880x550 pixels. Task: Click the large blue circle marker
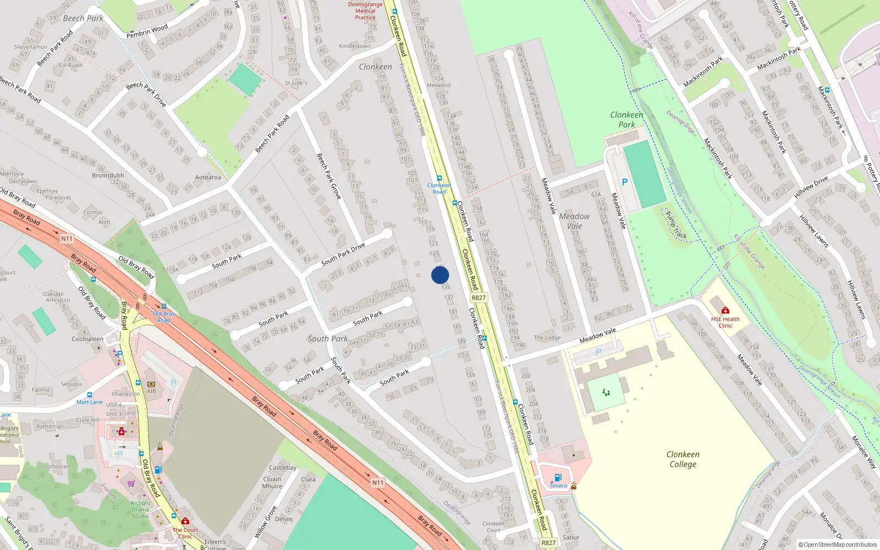click(440, 275)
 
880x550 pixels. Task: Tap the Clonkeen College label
click(683, 459)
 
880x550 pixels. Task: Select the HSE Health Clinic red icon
click(725, 311)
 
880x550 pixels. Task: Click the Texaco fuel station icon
click(558, 477)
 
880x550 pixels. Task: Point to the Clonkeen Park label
click(626, 119)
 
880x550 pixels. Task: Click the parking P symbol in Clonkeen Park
click(624, 182)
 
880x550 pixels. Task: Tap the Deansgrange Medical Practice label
click(365, 11)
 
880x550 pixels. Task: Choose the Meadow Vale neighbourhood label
click(574, 221)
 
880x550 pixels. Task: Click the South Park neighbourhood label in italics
click(328, 339)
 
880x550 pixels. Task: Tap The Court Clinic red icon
click(185, 521)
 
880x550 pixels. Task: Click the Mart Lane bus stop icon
click(90, 395)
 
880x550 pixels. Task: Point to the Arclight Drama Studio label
click(140, 509)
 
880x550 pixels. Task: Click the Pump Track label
click(676, 226)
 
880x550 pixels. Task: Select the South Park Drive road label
click(343, 254)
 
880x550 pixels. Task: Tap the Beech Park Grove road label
click(329, 175)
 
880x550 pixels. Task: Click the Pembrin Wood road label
click(147, 31)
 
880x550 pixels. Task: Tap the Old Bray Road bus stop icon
click(164, 307)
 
